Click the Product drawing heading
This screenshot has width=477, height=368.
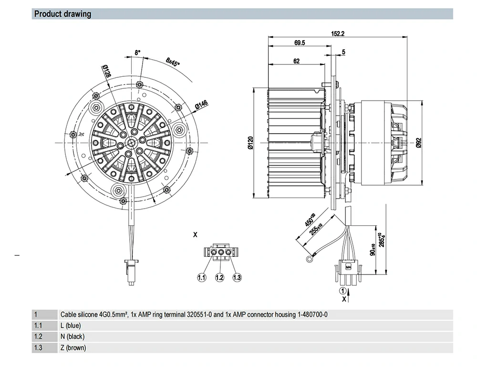pyautogui.click(x=62, y=14)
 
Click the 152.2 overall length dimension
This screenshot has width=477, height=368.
pyautogui.click(x=337, y=34)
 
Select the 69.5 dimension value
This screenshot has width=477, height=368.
pyautogui.click(x=300, y=43)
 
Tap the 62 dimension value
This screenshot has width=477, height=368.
pyautogui.click(x=296, y=61)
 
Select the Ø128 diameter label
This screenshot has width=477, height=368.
pyautogui.click(x=106, y=71)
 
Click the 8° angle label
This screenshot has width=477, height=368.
pyautogui.click(x=138, y=53)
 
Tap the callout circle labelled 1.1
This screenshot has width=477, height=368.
pyautogui.click(x=202, y=277)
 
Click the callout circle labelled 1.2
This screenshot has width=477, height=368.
pyautogui.click(x=219, y=277)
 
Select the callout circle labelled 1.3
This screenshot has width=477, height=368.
pyautogui.click(x=237, y=277)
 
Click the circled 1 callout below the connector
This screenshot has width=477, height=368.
pyautogui.click(x=342, y=290)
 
